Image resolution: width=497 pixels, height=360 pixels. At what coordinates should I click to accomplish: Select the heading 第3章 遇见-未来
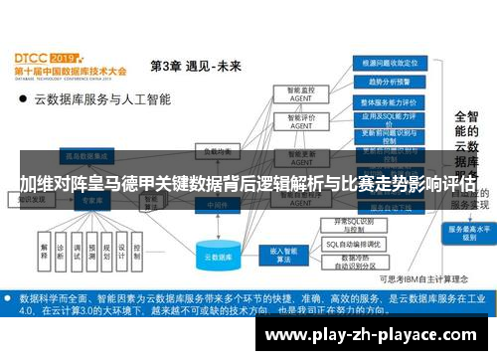click(195, 67)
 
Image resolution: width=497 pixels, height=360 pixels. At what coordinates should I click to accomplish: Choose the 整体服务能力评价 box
click(389, 101)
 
